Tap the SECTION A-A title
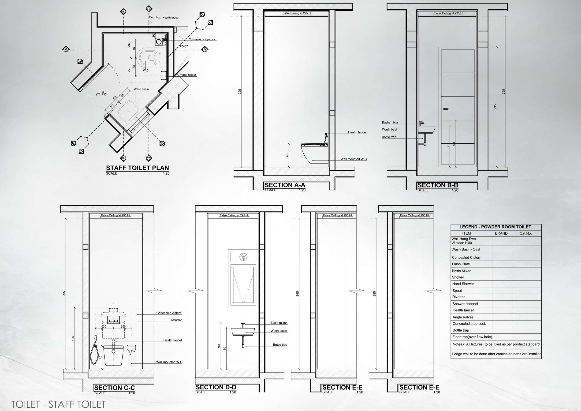point(285,185)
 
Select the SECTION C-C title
point(114,388)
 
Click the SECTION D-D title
point(216,387)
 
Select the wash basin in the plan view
point(129,111)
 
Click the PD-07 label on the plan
point(184,47)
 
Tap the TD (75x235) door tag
point(102,93)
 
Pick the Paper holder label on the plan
point(188,75)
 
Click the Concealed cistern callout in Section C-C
point(169,313)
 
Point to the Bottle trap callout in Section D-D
point(280,345)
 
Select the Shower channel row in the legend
point(465,304)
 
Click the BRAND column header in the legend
point(501,233)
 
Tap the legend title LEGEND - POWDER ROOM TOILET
point(495,227)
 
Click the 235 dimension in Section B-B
point(495,107)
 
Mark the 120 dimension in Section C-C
point(73,338)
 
